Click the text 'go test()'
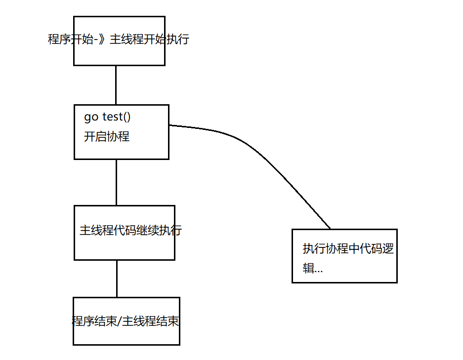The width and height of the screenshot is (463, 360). tap(107, 117)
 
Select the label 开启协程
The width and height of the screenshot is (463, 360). tap(107, 137)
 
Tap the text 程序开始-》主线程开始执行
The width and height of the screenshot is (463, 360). tap(119, 39)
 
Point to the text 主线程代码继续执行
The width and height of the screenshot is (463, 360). tap(130, 230)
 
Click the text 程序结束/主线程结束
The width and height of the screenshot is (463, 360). tap(125, 321)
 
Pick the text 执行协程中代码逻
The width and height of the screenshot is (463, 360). tap(348, 248)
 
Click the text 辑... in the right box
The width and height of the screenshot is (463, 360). tap(313, 268)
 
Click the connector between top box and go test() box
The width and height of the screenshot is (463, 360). tap(116, 85)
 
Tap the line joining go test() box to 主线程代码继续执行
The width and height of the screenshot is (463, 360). tap(116, 182)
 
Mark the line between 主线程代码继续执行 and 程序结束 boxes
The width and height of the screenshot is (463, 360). tap(117, 279)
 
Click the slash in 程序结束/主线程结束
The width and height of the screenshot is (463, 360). tap(119, 321)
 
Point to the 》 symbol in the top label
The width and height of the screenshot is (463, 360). tap(102, 39)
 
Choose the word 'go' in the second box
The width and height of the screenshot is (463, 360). tap(91, 118)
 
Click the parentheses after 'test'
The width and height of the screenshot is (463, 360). tap(127, 117)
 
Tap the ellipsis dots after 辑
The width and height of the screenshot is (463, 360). tap(319, 272)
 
